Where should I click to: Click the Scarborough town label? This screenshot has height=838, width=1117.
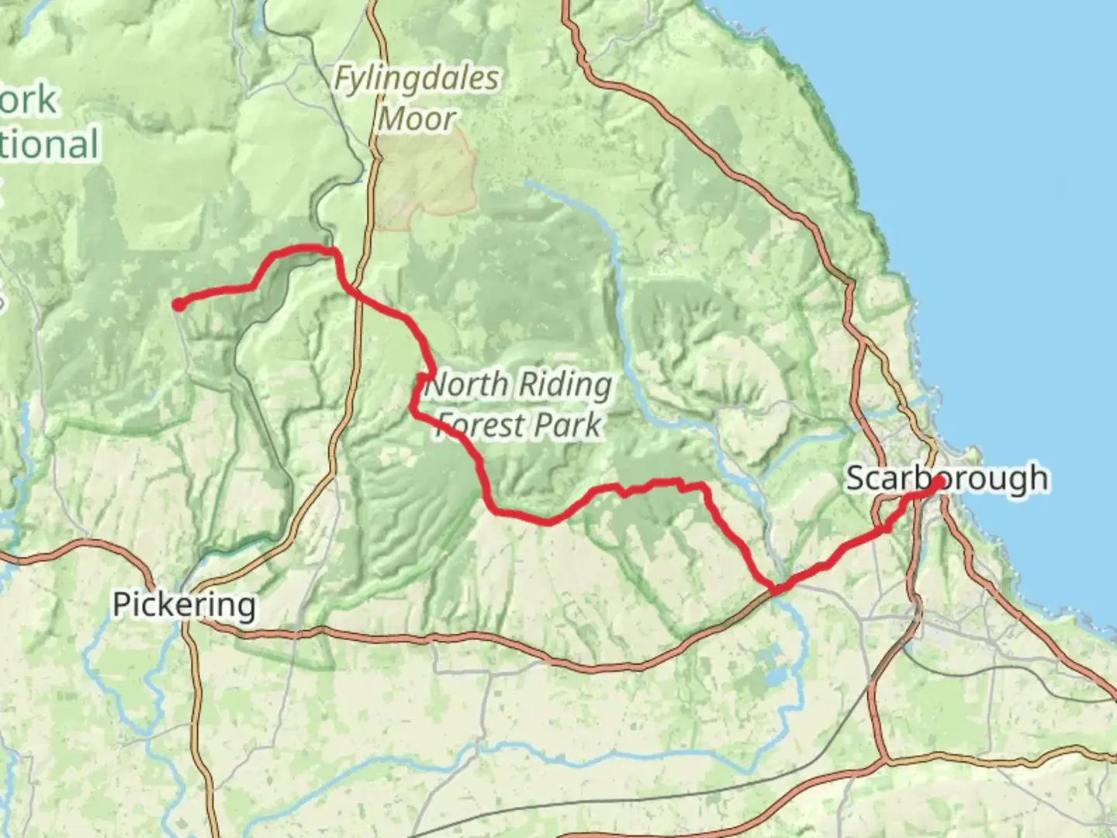[x=946, y=479]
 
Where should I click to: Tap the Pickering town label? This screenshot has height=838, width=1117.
[x=184, y=604]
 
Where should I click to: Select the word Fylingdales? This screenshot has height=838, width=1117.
[x=417, y=79]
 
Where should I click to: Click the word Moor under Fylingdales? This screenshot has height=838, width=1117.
[x=417, y=119]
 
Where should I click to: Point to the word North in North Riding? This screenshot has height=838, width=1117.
[x=469, y=384]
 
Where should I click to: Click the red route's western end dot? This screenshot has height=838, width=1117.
[x=179, y=305]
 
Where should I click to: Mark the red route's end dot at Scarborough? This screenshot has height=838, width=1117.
[x=938, y=483]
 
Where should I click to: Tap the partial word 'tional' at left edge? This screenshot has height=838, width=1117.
[x=50, y=145]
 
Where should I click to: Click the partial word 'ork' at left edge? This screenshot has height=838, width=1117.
[x=29, y=100]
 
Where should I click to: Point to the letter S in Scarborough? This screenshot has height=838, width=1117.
[x=856, y=479]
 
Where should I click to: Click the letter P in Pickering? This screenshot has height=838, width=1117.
[x=121, y=604]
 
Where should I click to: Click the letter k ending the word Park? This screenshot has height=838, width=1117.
[x=593, y=424]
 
